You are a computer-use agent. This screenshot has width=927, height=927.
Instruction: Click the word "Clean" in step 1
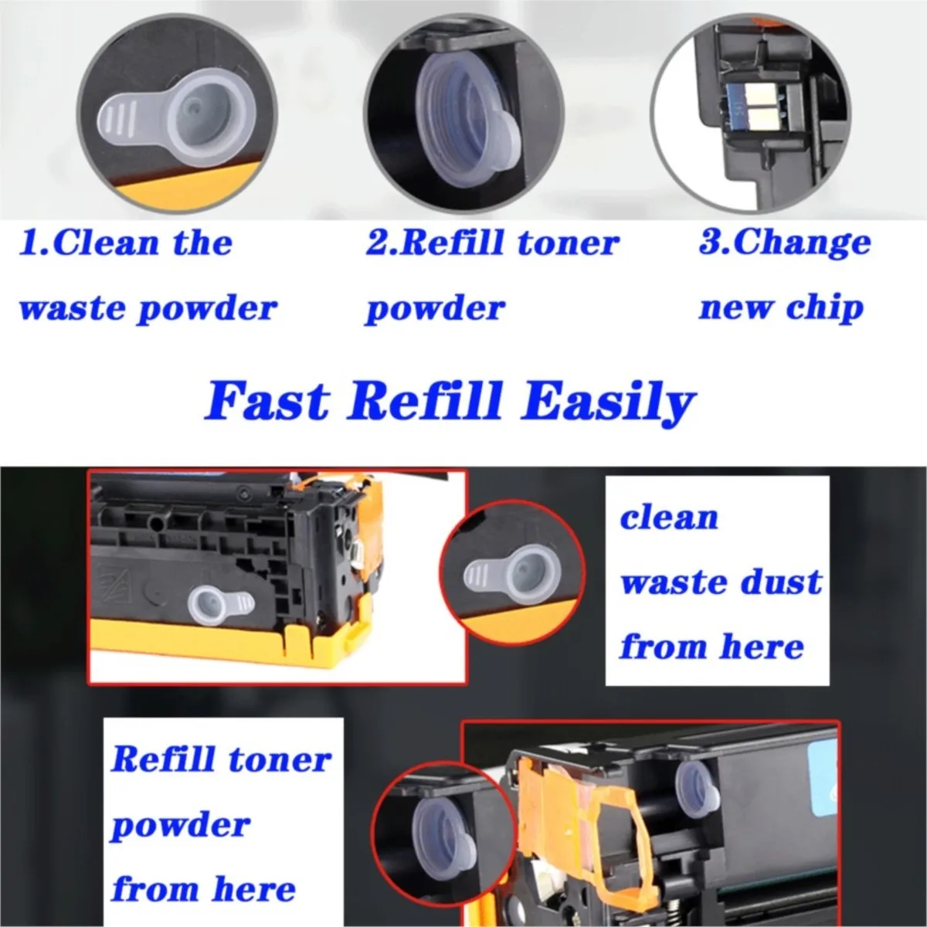click(106, 243)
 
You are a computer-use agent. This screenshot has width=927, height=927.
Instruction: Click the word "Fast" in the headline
click(267, 402)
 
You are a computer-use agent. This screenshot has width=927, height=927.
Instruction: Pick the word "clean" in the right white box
click(669, 517)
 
